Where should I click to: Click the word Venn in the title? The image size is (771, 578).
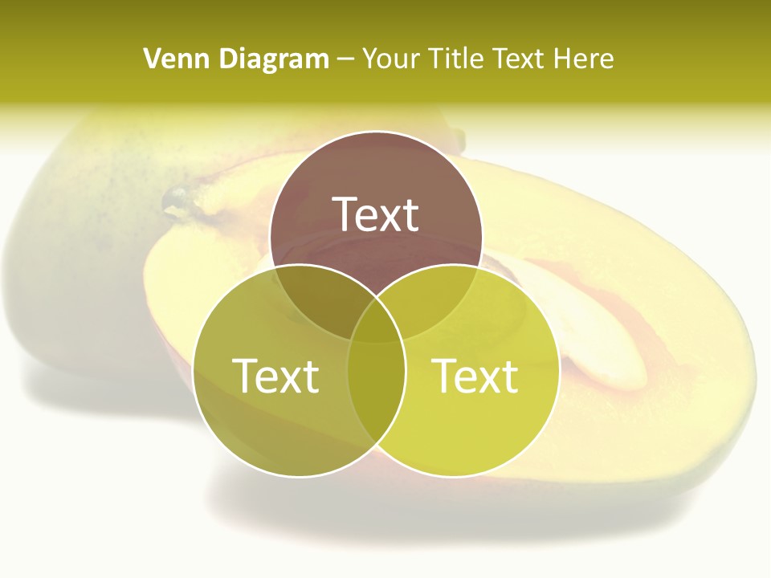click(x=170, y=59)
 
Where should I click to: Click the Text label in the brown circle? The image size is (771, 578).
click(x=376, y=214)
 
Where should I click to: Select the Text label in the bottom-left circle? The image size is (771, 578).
click(x=275, y=376)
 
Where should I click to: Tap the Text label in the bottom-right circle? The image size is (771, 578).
click(x=475, y=376)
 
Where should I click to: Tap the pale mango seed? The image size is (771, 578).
click(x=594, y=329)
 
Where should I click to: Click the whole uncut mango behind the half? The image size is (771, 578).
click(x=72, y=241)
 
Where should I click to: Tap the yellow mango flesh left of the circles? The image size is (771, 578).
click(x=173, y=289)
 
